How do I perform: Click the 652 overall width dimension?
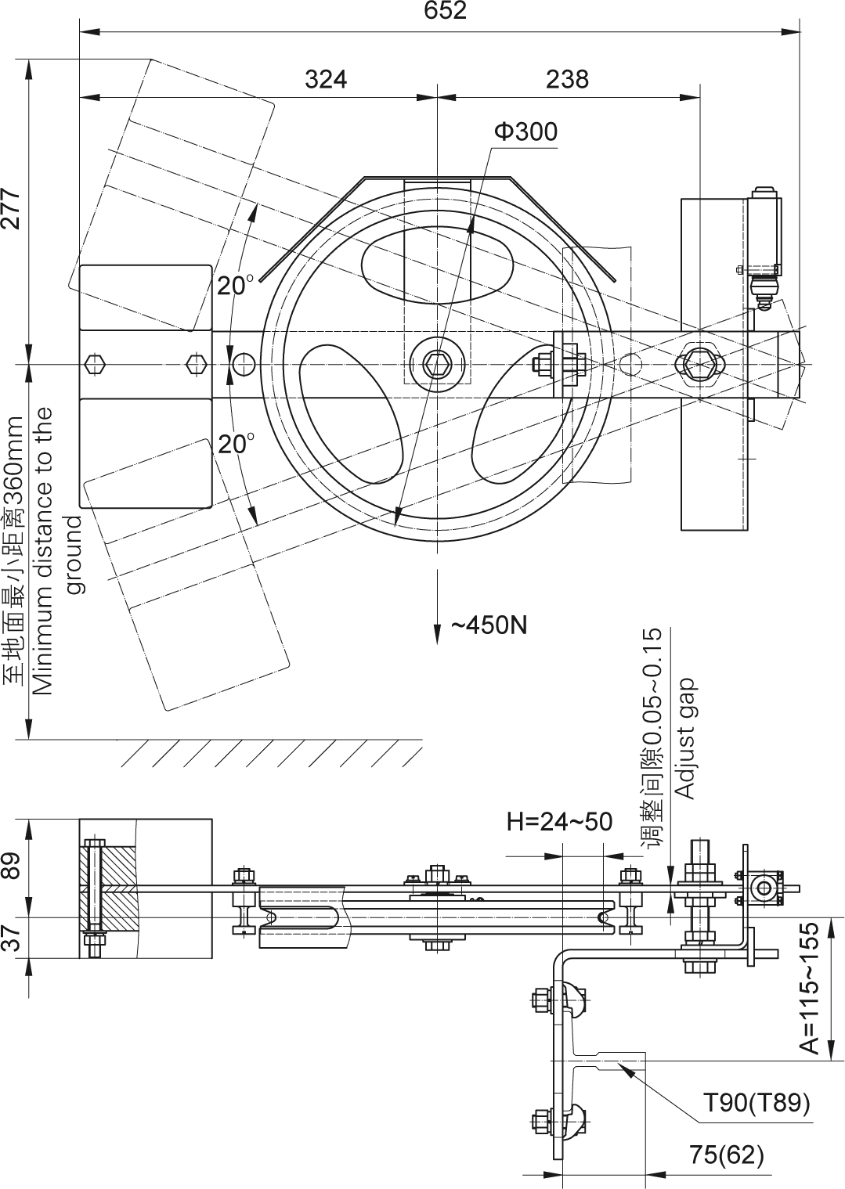[445, 11]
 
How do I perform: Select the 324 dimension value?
[325, 79]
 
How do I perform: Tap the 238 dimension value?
[567, 79]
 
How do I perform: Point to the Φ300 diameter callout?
[525, 132]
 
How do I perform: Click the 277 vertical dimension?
[11, 207]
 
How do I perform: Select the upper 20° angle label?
[234, 285]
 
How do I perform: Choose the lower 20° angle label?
[235, 444]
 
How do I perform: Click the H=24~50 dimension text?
[559, 821]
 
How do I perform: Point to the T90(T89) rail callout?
[756, 1103]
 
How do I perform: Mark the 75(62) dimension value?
[726, 1155]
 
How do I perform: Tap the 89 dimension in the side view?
[11, 867]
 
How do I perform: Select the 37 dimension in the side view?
[11, 936]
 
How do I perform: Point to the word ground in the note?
[74, 554]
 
